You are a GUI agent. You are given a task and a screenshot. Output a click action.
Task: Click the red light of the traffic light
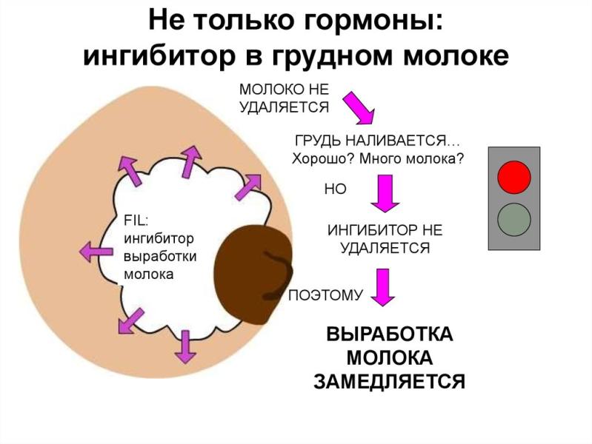pyautogui.click(x=513, y=176)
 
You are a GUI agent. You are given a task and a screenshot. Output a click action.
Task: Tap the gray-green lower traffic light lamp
pyautogui.click(x=513, y=218)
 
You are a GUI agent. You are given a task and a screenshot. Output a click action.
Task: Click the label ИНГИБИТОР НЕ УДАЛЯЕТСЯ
pyautogui.click(x=385, y=239)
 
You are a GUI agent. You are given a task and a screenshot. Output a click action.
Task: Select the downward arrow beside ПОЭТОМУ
pyautogui.click(x=383, y=288)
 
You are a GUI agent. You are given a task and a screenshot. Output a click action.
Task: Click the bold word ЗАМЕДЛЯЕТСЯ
pyautogui.click(x=390, y=381)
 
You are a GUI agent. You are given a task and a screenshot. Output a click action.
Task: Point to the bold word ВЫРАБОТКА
pyautogui.click(x=390, y=334)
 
